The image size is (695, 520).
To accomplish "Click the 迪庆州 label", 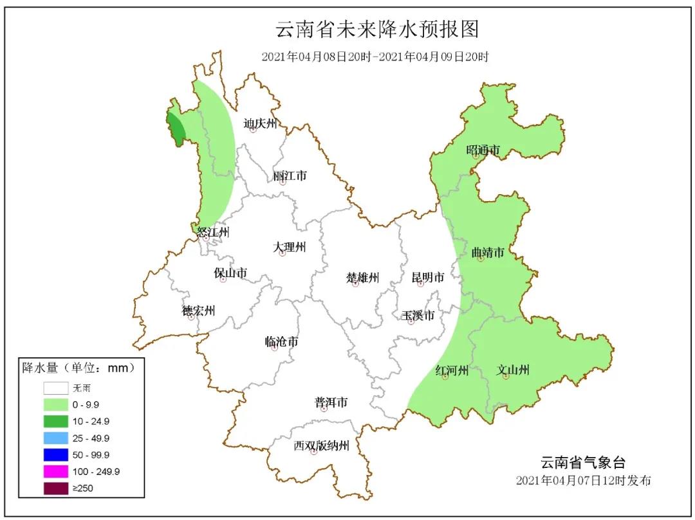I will click(260, 123).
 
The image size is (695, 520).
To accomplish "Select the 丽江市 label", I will click(290, 175).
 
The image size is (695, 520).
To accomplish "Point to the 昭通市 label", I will click(483, 150).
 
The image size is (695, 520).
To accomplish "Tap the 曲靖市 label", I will click(488, 253).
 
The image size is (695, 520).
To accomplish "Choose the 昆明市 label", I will click(428, 278).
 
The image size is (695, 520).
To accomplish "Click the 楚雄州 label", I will click(363, 278).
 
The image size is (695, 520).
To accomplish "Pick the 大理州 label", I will click(290, 247).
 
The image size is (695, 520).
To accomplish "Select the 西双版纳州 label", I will click(321, 445).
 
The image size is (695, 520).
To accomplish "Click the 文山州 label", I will click(513, 370).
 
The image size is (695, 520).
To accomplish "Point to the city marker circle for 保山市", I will click(223, 280).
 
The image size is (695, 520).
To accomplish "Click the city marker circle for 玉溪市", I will click(411, 321).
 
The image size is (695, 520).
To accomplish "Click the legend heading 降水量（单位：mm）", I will click(79, 368).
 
